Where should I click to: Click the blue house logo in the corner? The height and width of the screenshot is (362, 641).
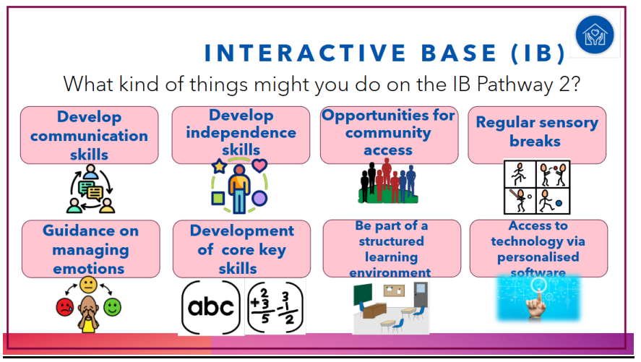(x=595, y=34)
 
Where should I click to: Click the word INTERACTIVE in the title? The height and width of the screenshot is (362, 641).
(x=305, y=53)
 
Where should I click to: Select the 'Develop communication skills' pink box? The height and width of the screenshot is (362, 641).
(x=89, y=135)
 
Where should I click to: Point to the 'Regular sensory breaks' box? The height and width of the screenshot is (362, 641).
(x=537, y=135)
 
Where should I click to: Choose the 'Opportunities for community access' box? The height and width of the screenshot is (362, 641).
(x=389, y=135)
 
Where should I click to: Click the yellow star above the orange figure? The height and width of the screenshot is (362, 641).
(x=219, y=166)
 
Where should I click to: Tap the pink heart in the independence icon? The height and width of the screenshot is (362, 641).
(x=259, y=165)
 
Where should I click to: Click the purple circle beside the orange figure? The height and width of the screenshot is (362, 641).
(x=259, y=199)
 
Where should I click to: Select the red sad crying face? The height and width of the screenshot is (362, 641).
(x=65, y=307)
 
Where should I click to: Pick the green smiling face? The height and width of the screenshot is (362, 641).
(x=113, y=307)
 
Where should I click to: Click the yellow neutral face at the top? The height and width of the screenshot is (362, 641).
(x=88, y=285)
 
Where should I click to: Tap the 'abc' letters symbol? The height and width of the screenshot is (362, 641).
(x=211, y=307)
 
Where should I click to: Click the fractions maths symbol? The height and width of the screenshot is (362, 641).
(x=275, y=307)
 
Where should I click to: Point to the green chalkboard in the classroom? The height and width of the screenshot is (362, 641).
(x=363, y=294)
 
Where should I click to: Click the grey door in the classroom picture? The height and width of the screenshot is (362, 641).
(x=421, y=294)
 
